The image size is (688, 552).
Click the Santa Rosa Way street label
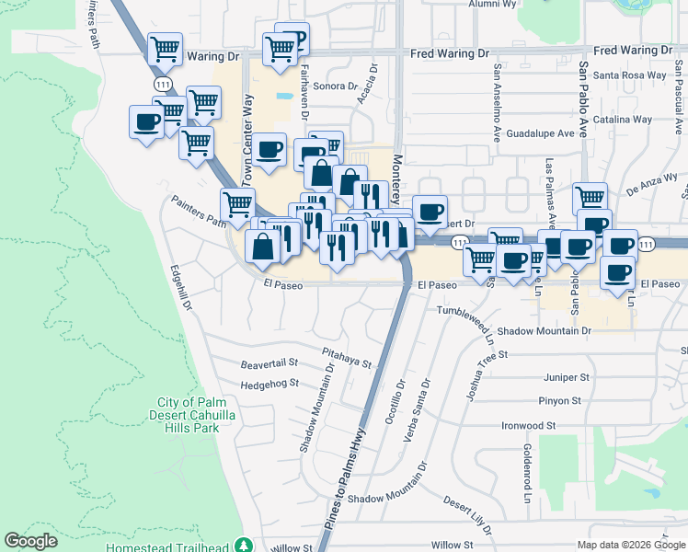point(629,75)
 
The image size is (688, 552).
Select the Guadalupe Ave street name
point(546,132)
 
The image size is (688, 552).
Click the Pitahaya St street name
point(346,358)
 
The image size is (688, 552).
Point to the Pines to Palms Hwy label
point(345,478)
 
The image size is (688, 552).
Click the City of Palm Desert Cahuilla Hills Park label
point(188,415)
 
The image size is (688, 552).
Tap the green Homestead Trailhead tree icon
point(243,546)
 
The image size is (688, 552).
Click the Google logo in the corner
point(31,541)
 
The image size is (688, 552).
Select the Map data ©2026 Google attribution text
point(630,545)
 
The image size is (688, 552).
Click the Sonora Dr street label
point(335,86)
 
